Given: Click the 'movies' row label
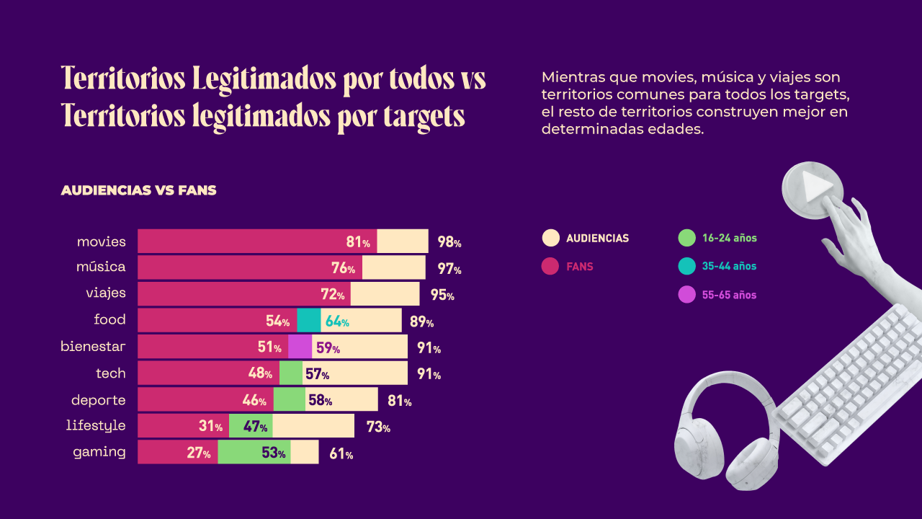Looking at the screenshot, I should click(x=101, y=241).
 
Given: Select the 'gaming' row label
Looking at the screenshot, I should click(x=99, y=453).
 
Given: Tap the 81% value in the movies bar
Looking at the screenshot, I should click(x=358, y=242).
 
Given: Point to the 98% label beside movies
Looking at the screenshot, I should click(x=449, y=242).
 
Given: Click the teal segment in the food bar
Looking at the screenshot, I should click(x=308, y=321).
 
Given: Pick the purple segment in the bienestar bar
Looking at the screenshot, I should click(x=300, y=347).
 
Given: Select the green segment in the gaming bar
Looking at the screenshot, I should click(x=254, y=453).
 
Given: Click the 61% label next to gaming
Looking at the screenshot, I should click(x=341, y=454).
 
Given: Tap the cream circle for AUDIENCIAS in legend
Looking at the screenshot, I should click(x=550, y=238).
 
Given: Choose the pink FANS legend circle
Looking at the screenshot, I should click(x=550, y=267).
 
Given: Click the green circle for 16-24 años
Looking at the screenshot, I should click(x=687, y=238).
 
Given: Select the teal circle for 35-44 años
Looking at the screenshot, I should click(x=687, y=266).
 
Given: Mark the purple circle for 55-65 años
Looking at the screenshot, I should click(x=687, y=295).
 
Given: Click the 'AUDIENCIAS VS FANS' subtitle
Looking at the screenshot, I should click(x=138, y=190).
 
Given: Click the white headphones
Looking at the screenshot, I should click(x=724, y=432).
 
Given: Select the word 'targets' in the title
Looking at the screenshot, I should click(x=424, y=115).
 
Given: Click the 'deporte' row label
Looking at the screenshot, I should click(x=98, y=400).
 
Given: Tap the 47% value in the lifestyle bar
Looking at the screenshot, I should click(x=256, y=426).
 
